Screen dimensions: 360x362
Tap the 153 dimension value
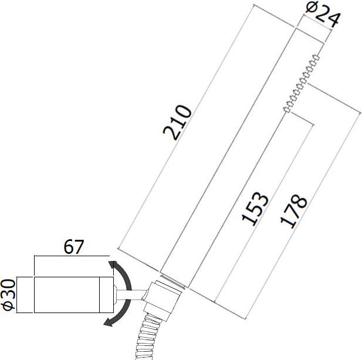(x=257, y=209)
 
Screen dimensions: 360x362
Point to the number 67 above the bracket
(x=70, y=246)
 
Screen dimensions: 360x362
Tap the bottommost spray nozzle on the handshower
(x=286, y=109)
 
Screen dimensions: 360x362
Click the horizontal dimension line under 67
(x=70, y=256)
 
